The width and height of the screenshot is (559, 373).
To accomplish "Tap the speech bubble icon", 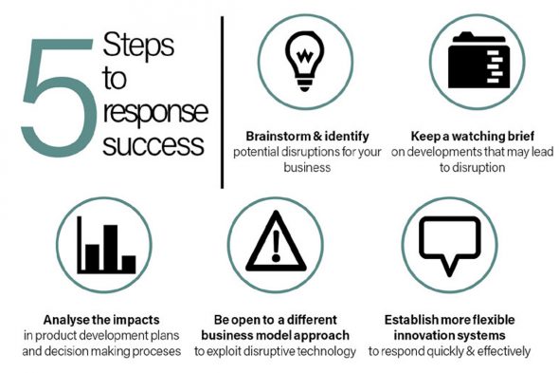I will pyautogui.click(x=442, y=246).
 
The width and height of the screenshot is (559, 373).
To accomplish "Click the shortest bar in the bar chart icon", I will pyautogui.click(x=127, y=263).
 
